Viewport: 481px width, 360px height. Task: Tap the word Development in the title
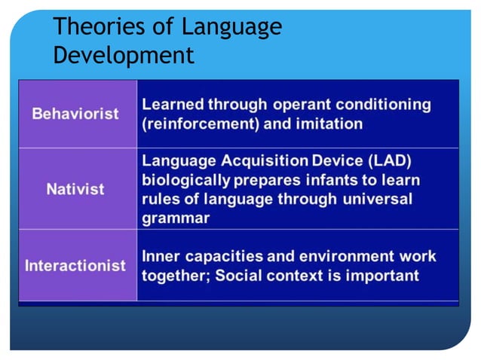[x=124, y=55]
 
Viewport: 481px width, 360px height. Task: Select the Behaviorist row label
[x=75, y=114]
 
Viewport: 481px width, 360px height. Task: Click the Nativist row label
[x=75, y=188]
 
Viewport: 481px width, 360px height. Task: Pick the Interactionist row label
[x=75, y=267]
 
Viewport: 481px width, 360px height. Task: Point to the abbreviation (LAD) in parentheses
[x=391, y=161]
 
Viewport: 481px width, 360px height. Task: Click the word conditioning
[x=388, y=104]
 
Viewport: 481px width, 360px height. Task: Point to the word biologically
[x=187, y=181]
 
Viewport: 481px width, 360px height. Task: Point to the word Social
[x=239, y=275]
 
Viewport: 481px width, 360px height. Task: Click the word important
[x=381, y=275]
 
